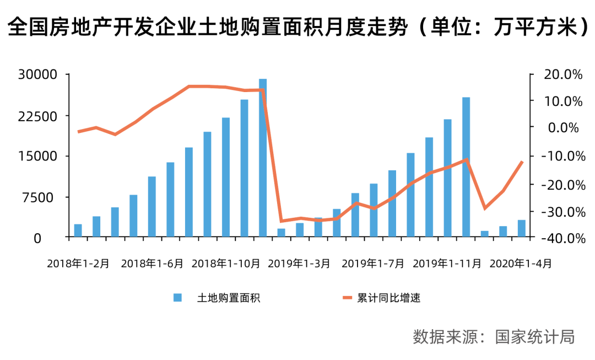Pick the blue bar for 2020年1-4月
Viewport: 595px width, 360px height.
[x=521, y=229]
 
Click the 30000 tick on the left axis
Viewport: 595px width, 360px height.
[x=38, y=75]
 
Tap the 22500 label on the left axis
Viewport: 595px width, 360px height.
[x=38, y=116]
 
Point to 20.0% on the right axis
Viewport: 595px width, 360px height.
[x=558, y=75]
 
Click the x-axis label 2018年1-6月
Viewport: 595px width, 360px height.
[x=152, y=264]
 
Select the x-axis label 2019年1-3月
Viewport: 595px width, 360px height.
[x=299, y=264]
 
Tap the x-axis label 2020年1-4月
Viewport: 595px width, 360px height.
[x=520, y=264]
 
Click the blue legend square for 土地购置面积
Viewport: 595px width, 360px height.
[x=177, y=298]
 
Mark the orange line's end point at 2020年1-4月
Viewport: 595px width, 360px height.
[x=521, y=162]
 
